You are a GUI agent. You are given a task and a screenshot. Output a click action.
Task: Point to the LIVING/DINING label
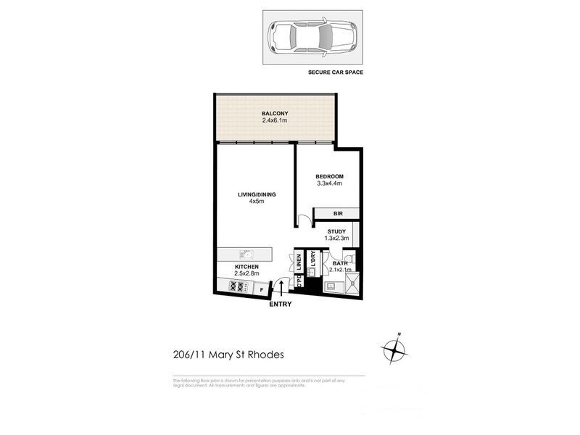[x=257, y=194]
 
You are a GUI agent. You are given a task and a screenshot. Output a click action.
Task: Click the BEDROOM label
[x=328, y=177]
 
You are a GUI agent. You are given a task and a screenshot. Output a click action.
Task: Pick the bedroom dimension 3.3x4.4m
[x=328, y=184]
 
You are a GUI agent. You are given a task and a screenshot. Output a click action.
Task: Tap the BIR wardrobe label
[x=338, y=214]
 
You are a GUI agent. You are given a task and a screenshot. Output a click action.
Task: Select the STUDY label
[x=336, y=231]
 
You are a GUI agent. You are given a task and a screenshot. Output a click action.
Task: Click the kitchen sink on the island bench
[x=247, y=254]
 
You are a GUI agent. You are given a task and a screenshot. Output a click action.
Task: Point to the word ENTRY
[x=280, y=304]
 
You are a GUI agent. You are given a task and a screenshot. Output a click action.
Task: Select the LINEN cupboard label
[x=299, y=263]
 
